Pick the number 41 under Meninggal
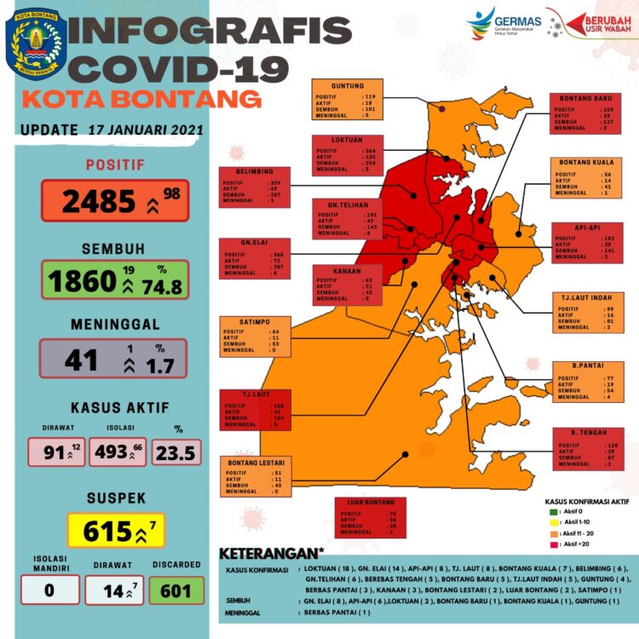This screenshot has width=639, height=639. point(81,359)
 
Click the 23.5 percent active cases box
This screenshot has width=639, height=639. point(178,452)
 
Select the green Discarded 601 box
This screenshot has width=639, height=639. point(177,590)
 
